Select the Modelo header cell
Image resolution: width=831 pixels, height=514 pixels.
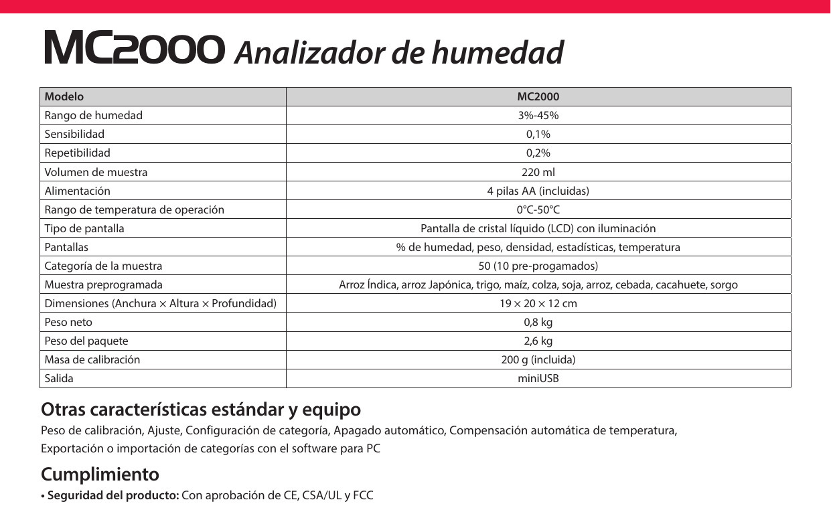click(x=64, y=96)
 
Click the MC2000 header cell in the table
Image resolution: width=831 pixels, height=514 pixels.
click(x=538, y=96)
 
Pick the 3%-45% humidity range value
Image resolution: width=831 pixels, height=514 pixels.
click(x=538, y=115)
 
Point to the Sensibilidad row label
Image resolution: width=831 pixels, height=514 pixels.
click(x=74, y=134)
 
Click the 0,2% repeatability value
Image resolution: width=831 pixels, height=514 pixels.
click(x=538, y=153)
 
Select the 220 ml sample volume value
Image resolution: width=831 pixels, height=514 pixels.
click(x=538, y=172)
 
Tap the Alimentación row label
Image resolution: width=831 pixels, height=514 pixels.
click(x=77, y=191)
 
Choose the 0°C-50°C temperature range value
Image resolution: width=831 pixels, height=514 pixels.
click(x=538, y=209)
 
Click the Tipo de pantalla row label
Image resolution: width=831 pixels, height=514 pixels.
click(x=84, y=228)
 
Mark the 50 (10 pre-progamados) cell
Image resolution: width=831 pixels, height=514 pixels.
click(x=538, y=266)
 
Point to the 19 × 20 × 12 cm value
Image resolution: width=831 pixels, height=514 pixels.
click(x=538, y=303)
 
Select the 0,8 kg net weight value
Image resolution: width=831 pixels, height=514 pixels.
click(x=538, y=322)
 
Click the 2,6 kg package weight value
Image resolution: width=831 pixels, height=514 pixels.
click(x=538, y=341)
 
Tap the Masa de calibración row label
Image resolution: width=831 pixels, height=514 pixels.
click(x=92, y=359)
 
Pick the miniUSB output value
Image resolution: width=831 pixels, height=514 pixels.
click(x=538, y=378)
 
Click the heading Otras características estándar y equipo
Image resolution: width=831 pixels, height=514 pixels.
click(x=201, y=409)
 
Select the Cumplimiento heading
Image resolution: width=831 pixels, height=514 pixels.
click(x=100, y=475)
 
